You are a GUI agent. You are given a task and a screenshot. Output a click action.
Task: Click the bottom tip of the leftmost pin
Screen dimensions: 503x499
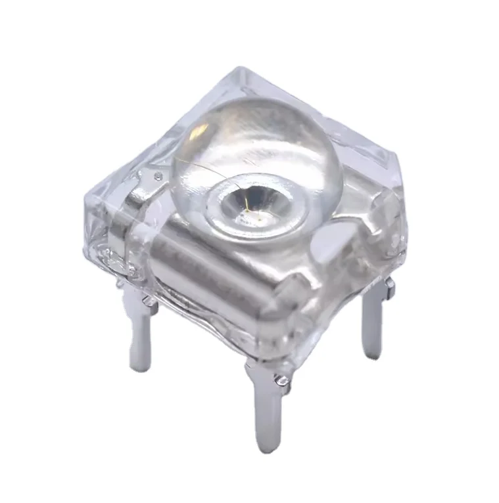(139, 366)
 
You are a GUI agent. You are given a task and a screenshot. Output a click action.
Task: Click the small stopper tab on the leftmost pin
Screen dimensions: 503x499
(151, 304)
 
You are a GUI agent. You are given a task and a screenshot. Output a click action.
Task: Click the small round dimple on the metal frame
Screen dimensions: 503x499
(158, 175)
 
